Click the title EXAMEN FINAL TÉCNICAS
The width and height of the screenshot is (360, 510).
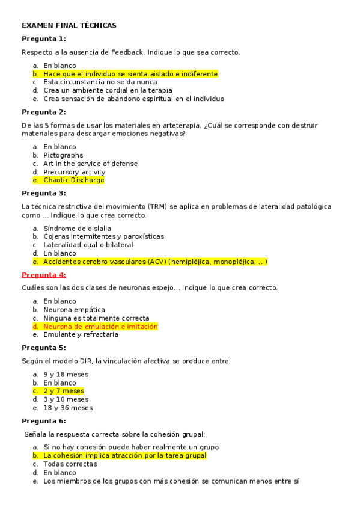tap(69, 26)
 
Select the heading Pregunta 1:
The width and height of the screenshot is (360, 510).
tap(44, 39)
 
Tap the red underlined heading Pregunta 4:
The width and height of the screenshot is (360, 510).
tap(44, 275)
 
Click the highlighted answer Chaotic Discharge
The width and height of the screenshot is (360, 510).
tap(73, 180)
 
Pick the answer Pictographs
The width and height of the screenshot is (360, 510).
tap(63, 155)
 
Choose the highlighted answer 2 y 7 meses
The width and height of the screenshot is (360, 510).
tap(64, 391)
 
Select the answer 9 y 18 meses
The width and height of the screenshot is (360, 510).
tap(66, 374)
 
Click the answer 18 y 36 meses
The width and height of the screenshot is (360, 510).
tap(68, 408)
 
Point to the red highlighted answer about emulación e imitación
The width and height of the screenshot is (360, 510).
tap(100, 327)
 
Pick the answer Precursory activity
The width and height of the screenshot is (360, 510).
tap(74, 172)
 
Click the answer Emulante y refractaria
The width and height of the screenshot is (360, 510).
tap(81, 335)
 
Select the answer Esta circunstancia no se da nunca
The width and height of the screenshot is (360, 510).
tap(100, 82)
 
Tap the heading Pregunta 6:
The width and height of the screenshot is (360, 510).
tap(44, 421)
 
